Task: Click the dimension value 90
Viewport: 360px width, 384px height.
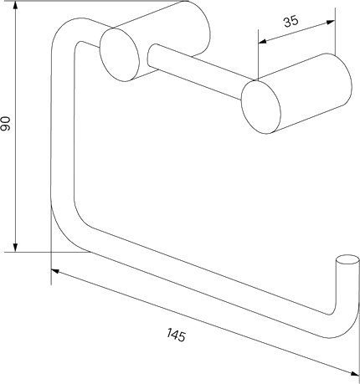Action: coord(6,124)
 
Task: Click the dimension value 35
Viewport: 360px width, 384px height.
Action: coord(291,21)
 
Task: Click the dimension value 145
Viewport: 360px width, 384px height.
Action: coord(176,335)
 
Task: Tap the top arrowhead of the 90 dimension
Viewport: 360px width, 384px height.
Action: coord(16,5)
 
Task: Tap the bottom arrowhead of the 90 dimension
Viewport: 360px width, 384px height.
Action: coord(16,248)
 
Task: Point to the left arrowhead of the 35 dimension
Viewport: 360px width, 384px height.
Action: coord(262,42)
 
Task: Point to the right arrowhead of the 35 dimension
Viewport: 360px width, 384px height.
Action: coord(331,23)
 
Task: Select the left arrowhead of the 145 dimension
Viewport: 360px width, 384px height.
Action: coord(55,270)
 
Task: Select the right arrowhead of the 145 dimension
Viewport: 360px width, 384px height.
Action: coord(355,373)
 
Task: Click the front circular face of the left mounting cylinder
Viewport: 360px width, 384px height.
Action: coord(120,54)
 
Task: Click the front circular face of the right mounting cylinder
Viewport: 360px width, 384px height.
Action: coord(261,107)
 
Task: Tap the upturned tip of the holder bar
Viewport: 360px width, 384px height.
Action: coord(347,259)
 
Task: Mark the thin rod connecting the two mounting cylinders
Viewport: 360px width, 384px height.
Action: coord(195,71)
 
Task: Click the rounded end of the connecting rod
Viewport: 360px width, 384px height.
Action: coord(150,56)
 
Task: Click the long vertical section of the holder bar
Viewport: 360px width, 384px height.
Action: coord(63,125)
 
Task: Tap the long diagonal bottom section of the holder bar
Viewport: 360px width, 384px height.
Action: coord(209,282)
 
